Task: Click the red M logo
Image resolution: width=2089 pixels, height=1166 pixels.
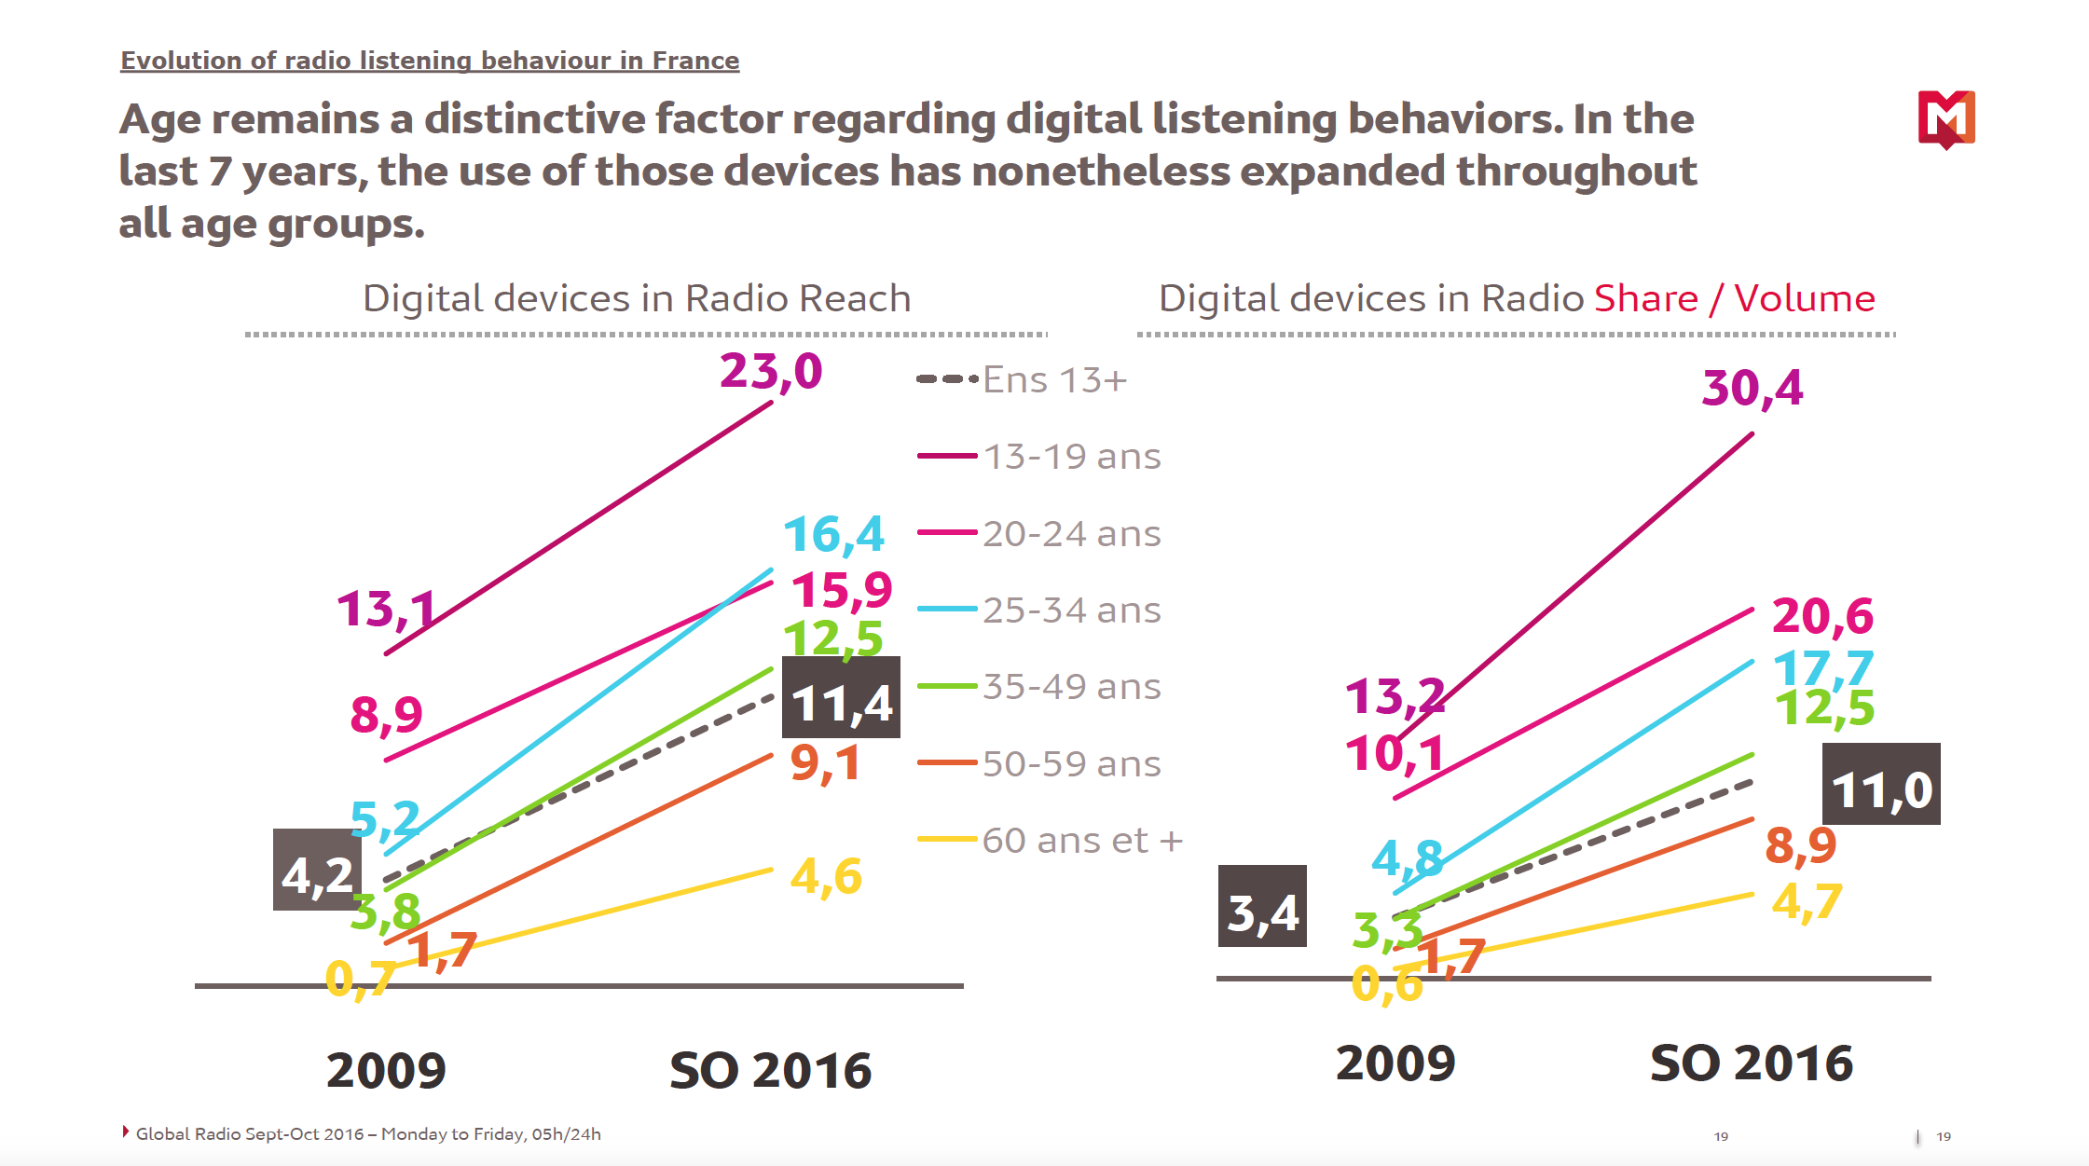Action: coord(1946,118)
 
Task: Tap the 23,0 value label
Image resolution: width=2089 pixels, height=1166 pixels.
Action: coord(771,372)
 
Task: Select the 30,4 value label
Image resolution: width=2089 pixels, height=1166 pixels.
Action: coord(1752,388)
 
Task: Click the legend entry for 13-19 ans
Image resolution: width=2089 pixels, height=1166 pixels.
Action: coord(1039,457)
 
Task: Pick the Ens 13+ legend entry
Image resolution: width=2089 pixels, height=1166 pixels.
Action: coord(1023,380)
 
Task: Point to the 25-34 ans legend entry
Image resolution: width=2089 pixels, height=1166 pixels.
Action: coord(1039,610)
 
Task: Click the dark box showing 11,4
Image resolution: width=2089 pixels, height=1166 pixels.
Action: coord(841,698)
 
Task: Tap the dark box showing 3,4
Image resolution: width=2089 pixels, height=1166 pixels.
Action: coord(1262,907)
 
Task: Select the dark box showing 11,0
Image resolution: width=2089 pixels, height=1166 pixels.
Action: coord(1881,785)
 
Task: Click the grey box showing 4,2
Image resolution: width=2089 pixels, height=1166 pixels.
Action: coord(316,871)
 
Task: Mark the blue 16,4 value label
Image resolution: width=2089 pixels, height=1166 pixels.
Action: coord(833,534)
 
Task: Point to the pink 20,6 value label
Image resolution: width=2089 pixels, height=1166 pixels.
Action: coord(1822,616)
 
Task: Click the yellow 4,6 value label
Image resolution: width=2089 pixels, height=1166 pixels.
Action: coord(826,876)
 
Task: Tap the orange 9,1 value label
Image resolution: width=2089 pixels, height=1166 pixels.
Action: coord(825,763)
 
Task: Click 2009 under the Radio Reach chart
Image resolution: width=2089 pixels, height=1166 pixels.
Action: coord(386,1070)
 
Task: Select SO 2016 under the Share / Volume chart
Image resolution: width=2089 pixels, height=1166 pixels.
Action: coord(1752,1063)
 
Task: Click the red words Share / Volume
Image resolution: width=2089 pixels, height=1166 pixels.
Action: coord(1734,299)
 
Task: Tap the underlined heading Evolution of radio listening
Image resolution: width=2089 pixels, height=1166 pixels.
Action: coord(430,61)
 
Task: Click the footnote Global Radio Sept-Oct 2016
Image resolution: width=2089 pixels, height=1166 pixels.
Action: coord(368,1134)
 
